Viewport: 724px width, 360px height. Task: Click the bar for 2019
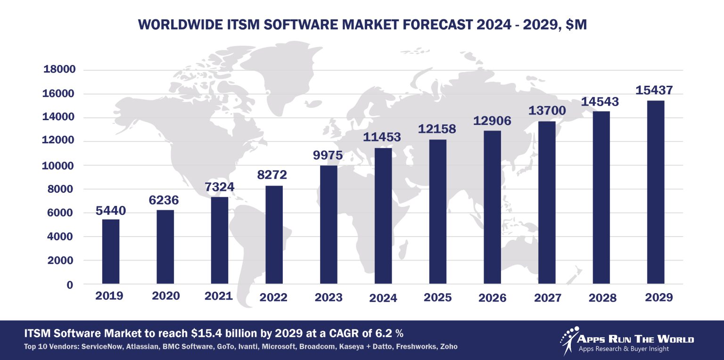[x=111, y=252]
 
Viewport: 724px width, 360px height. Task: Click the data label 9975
[x=328, y=155]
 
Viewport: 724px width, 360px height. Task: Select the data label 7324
[x=219, y=187]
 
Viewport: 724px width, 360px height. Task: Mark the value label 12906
[x=492, y=120]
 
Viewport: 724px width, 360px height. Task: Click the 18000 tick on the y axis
[x=59, y=70]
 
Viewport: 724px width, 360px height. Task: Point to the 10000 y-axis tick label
[x=59, y=165]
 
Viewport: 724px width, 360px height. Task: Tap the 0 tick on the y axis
[x=70, y=285]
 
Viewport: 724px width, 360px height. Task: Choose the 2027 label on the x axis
[x=548, y=298]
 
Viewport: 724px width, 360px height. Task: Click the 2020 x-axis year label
[x=165, y=296]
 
